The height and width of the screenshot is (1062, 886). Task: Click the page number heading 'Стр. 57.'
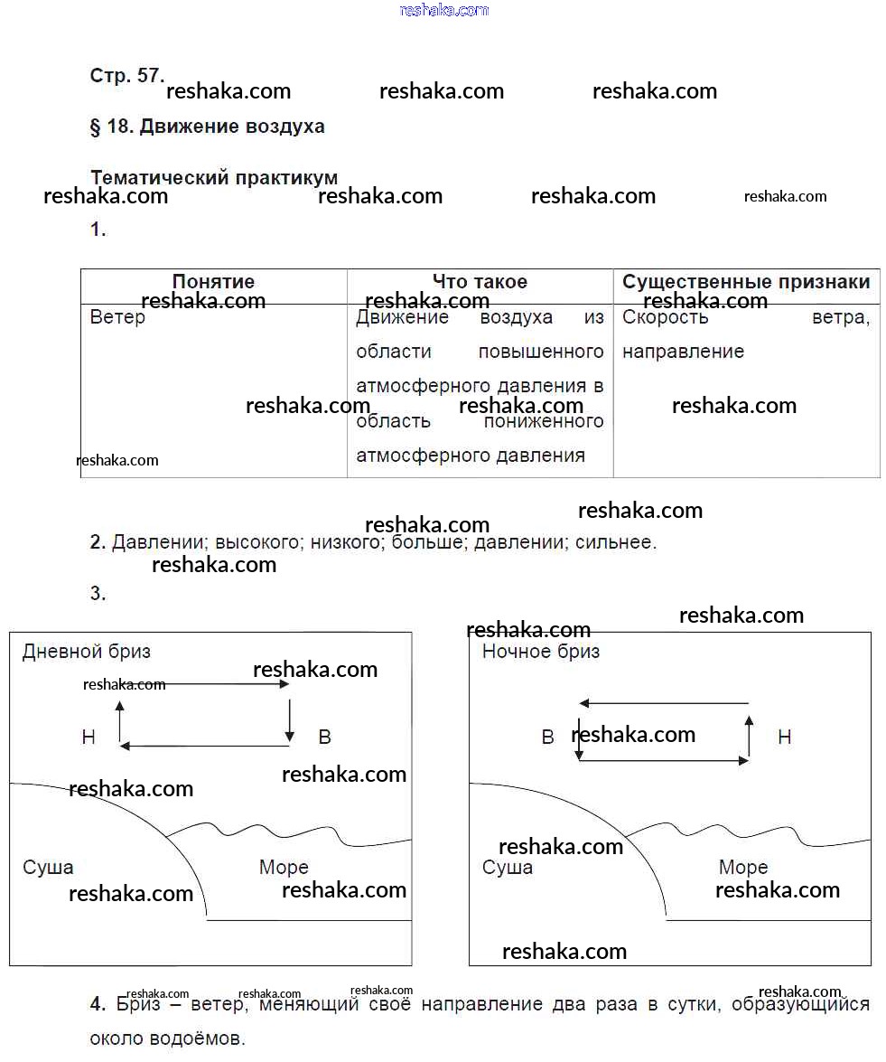click(126, 76)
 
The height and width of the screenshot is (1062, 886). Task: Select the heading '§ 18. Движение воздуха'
click(207, 127)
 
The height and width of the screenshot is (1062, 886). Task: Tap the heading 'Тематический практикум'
click(214, 178)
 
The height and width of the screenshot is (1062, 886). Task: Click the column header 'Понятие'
click(213, 282)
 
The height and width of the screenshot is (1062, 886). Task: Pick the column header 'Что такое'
click(480, 282)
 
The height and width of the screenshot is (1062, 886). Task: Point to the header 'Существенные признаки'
click(746, 282)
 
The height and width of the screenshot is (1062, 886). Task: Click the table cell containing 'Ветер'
click(117, 318)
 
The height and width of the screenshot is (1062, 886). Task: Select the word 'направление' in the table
click(683, 352)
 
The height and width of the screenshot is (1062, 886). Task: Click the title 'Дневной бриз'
click(87, 651)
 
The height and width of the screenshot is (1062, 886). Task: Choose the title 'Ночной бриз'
click(541, 651)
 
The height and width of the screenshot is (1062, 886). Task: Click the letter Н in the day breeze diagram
click(89, 738)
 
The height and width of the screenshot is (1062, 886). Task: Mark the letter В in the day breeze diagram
click(325, 738)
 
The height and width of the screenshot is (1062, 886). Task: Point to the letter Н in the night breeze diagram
click(784, 738)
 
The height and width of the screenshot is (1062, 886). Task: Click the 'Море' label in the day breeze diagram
click(284, 868)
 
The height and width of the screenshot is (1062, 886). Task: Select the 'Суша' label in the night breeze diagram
click(508, 868)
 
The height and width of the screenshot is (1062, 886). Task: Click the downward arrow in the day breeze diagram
click(290, 719)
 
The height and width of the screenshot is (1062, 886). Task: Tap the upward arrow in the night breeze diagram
click(749, 736)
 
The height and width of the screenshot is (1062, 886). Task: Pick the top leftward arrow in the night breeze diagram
click(664, 703)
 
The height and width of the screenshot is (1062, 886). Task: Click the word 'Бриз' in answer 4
click(139, 1004)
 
